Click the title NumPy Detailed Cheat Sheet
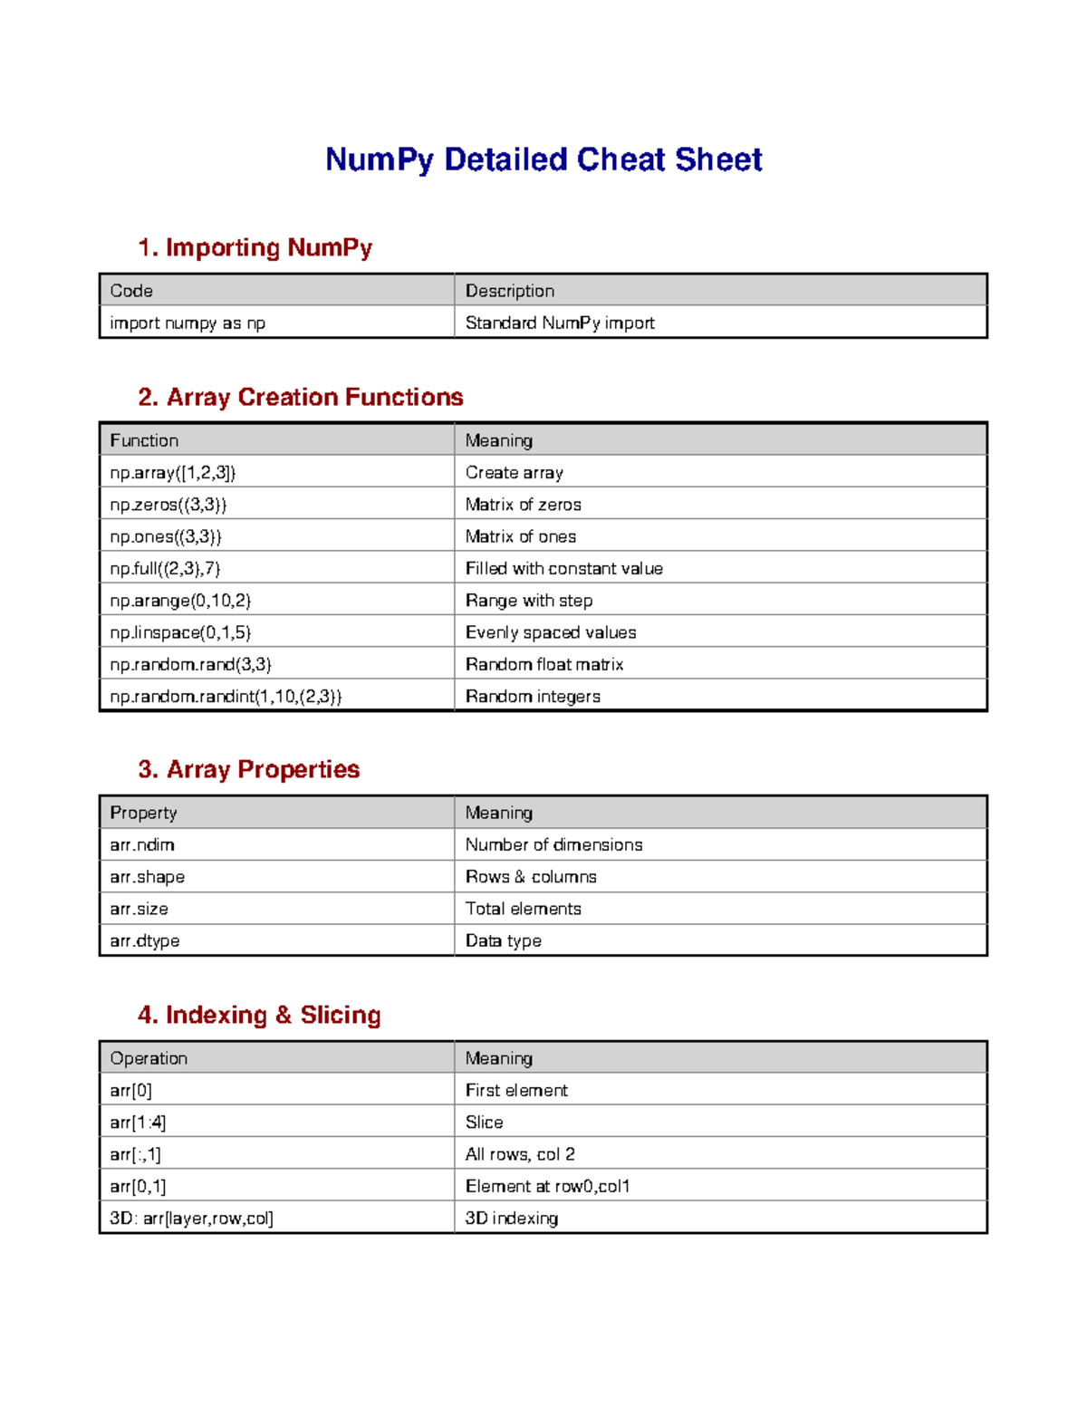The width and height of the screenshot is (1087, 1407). click(x=543, y=159)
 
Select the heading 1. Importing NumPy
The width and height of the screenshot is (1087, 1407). click(x=255, y=247)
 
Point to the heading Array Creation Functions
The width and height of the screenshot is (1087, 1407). click(x=300, y=397)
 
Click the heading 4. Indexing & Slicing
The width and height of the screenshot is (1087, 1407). click(x=259, y=1015)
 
